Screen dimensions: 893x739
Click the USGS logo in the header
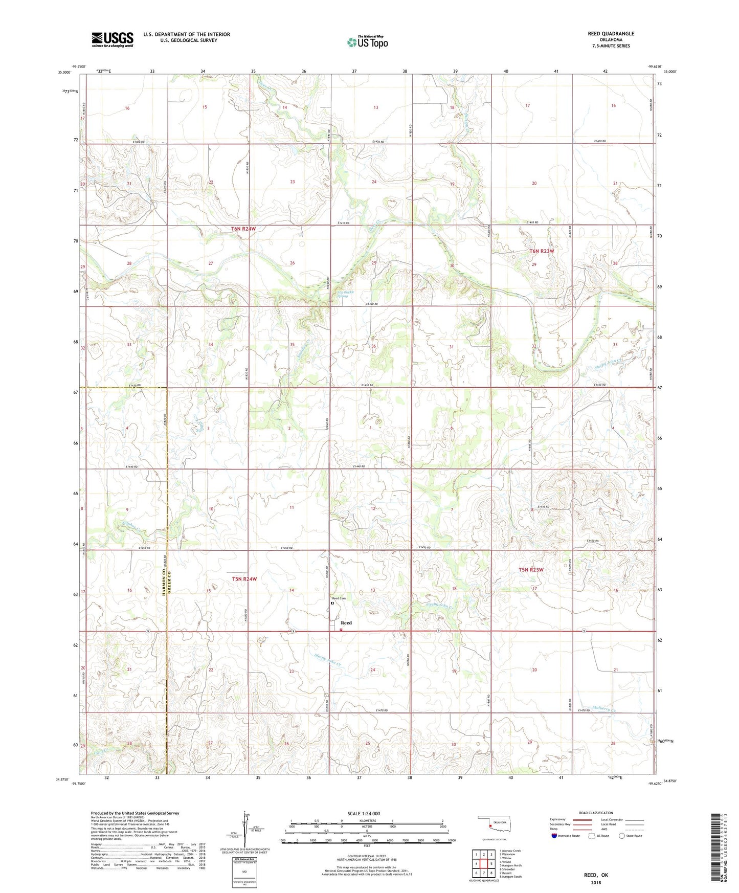113,39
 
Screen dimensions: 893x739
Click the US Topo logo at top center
367,42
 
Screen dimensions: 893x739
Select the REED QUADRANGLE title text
611,34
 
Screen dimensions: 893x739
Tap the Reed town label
346,623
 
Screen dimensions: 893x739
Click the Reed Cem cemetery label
339,598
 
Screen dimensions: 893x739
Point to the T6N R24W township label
240,229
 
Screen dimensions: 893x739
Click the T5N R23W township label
530,570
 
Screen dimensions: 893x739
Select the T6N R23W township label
541,251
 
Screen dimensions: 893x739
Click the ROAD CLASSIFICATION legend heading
596,813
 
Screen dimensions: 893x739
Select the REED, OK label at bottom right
596,875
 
